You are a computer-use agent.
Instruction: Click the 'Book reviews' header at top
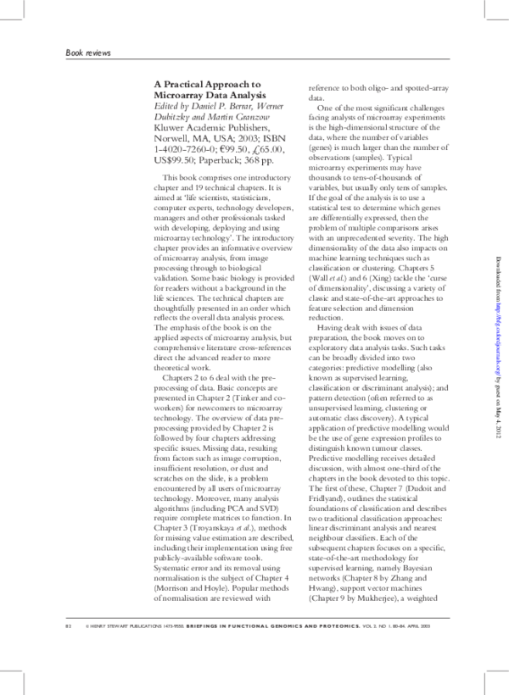pos(88,53)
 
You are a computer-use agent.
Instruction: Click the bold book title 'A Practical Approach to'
pos(207,85)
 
